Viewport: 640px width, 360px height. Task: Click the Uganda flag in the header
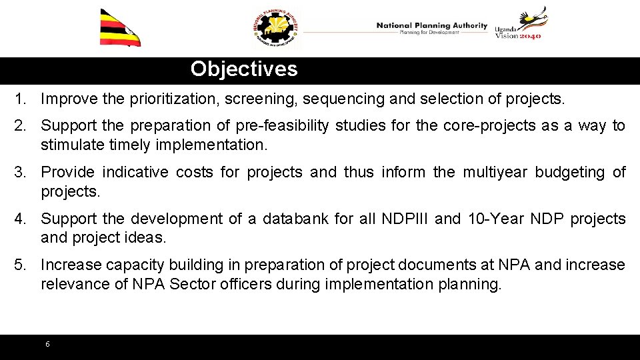[x=120, y=28]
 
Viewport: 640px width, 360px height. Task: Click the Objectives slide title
[x=244, y=69]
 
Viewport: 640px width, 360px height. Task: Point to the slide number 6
[x=47, y=344]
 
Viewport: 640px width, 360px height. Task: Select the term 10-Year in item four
[x=485, y=219]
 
